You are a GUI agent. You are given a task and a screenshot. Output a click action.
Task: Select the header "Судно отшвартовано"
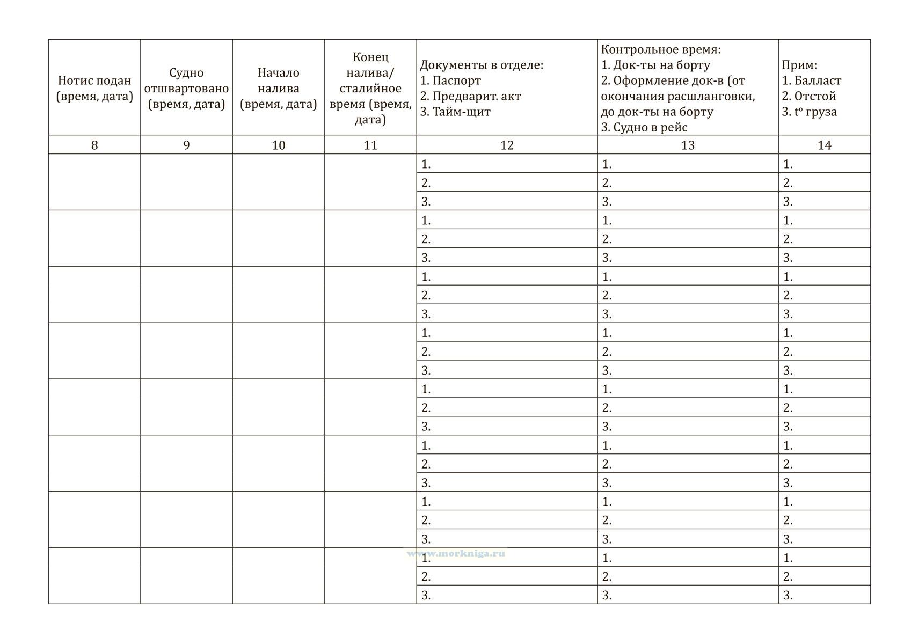(x=186, y=88)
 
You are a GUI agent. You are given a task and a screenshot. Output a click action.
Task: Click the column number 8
(x=94, y=145)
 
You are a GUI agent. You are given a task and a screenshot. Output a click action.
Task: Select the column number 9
(x=186, y=145)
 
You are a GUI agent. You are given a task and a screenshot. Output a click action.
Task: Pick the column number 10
(x=278, y=145)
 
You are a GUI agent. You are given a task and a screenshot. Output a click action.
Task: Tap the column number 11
(x=370, y=145)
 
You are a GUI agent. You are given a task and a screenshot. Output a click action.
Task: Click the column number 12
(x=507, y=145)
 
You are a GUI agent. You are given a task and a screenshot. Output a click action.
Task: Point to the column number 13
(x=688, y=145)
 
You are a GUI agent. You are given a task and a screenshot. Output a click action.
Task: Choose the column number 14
(x=824, y=145)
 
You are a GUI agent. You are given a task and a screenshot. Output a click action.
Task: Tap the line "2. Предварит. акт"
(x=470, y=96)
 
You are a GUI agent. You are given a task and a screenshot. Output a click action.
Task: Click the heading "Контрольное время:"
(x=661, y=49)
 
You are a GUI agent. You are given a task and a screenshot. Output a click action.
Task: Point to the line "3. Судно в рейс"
(x=644, y=127)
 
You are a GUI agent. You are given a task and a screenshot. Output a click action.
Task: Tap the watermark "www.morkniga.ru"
(x=456, y=553)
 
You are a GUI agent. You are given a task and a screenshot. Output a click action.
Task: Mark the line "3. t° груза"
(x=809, y=112)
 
